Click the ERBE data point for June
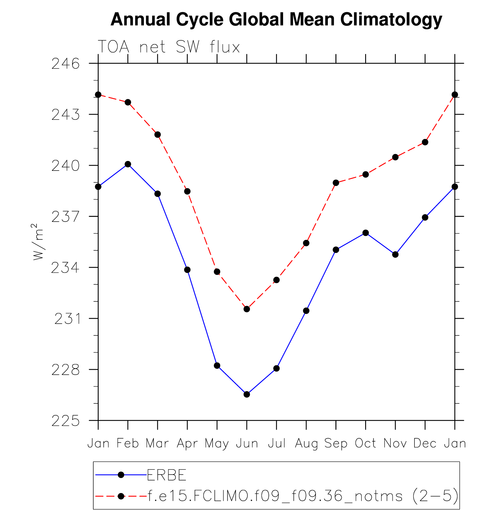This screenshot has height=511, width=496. pyautogui.click(x=247, y=394)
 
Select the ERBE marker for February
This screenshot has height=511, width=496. pyautogui.click(x=128, y=164)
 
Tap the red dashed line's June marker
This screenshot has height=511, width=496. pyautogui.click(x=247, y=309)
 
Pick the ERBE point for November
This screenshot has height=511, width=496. pyautogui.click(x=395, y=255)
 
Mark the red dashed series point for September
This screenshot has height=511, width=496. pyautogui.click(x=336, y=183)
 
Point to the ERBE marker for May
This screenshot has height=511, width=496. pyautogui.click(x=217, y=366)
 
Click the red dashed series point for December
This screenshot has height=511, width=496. pyautogui.click(x=425, y=142)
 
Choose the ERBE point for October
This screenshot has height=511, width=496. pyautogui.click(x=366, y=233)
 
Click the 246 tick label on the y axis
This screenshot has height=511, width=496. pyautogui.click(x=66, y=64)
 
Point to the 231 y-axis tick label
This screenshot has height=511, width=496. pyautogui.click(x=67, y=319)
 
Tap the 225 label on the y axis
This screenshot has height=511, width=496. pyautogui.click(x=66, y=421)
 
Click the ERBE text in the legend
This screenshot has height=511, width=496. pyautogui.click(x=166, y=475)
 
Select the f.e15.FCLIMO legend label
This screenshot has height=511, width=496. pyautogui.click(x=303, y=496)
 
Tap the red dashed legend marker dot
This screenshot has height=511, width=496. pyautogui.click(x=121, y=496)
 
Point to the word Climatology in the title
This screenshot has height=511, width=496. pyautogui.click(x=391, y=19)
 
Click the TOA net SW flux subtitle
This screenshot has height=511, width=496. pyautogui.click(x=169, y=47)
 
